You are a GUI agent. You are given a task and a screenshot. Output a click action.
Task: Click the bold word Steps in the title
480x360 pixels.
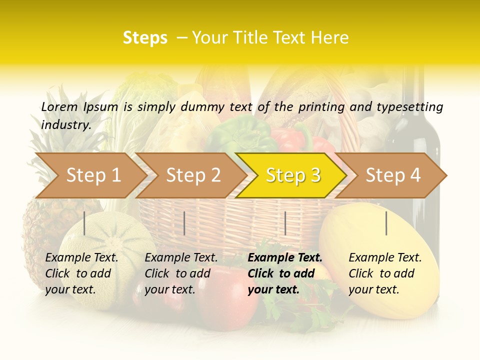pyautogui.click(x=145, y=38)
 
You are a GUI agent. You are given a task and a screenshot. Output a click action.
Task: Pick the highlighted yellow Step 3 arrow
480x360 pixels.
pyautogui.click(x=292, y=175)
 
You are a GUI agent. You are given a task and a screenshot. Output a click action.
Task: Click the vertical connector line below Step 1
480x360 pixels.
pyautogui.click(x=84, y=223)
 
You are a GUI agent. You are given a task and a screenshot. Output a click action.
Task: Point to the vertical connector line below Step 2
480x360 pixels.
pyautogui.click(x=184, y=223)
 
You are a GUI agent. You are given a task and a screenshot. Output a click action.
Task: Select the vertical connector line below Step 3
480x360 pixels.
pyautogui.click(x=285, y=223)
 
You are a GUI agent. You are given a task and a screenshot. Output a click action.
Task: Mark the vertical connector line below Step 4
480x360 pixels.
pyautogui.click(x=386, y=223)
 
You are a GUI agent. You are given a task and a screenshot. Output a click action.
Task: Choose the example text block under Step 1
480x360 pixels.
pyautogui.click(x=81, y=273)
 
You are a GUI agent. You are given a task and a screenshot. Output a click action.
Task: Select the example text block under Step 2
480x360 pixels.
pyautogui.click(x=181, y=273)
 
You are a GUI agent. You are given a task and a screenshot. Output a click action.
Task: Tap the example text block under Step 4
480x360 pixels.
pyautogui.click(x=385, y=273)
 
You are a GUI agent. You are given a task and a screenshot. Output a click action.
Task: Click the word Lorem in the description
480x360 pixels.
pyautogui.click(x=59, y=106)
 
